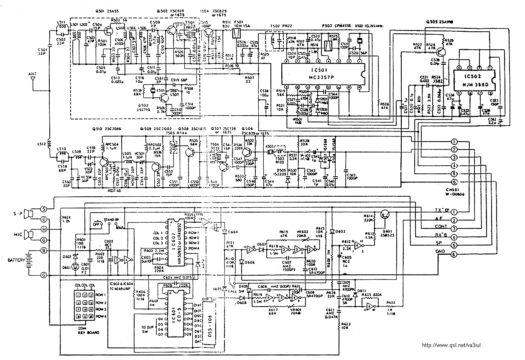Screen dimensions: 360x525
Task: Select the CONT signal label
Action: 442,227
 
